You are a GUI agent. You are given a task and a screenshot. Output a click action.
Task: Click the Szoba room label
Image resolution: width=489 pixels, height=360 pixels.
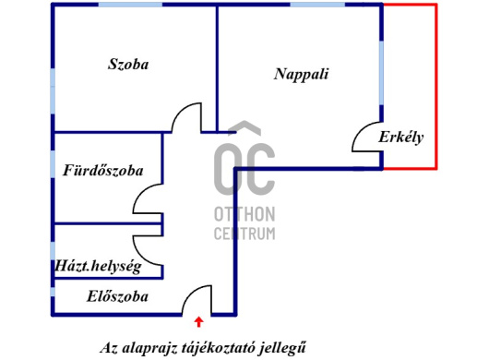click(x=128, y=65)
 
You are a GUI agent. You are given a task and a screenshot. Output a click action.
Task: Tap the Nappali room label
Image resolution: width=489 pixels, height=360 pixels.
click(x=302, y=74)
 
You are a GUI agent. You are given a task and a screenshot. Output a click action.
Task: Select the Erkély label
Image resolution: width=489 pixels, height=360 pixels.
click(x=400, y=138)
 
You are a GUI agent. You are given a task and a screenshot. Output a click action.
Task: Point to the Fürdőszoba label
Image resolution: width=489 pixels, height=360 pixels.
click(x=102, y=171)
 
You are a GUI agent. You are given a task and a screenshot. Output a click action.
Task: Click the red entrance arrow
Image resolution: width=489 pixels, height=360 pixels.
click(x=199, y=321)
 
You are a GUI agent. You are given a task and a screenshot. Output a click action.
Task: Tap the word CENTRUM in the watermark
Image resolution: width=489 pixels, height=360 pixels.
click(x=244, y=233)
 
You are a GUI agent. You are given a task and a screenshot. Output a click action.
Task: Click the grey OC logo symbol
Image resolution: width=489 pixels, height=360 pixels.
click(x=244, y=162)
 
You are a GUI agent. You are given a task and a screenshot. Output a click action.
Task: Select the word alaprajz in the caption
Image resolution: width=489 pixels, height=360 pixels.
click(x=155, y=348)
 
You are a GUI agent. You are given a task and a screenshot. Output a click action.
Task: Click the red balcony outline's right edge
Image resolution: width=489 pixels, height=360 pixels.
click(x=436, y=88)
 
